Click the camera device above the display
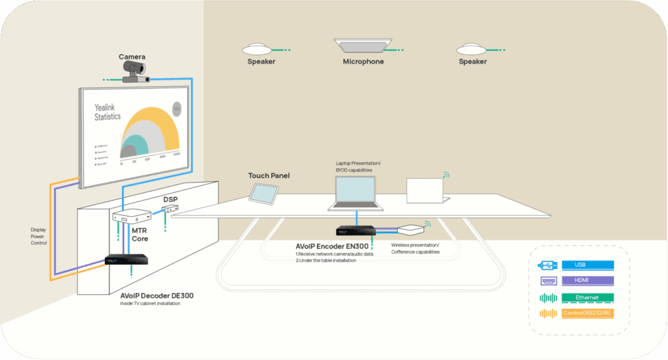[136, 73]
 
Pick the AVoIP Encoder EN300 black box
[355, 230]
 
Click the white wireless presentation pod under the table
[412, 230]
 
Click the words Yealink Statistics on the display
[108, 112]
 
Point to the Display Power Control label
[38, 237]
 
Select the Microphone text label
[363, 62]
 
